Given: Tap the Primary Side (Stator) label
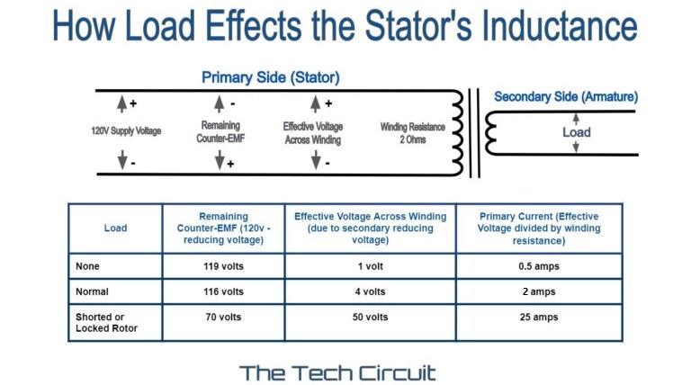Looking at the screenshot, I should pos(270,77).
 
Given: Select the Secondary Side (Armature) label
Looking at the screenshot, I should pos(566,96).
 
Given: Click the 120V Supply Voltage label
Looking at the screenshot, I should pos(126,131).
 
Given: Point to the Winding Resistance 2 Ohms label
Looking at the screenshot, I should pos(413,133).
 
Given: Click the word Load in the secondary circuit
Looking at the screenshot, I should pos(577,132).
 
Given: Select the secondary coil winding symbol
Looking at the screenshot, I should pos(491,133).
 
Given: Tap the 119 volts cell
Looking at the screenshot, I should pos(223,266).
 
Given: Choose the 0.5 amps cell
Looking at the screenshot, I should pos(538,266).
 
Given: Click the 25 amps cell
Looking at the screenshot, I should pos(538,318).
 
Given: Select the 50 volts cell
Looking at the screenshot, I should pos(369,318).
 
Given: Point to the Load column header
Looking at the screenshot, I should pos(115,228).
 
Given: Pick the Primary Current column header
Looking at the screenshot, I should pos(538,228).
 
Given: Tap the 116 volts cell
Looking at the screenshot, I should pos(223,291).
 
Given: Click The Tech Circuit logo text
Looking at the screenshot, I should pos(337,372).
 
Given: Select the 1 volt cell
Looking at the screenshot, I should pos(369,266).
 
